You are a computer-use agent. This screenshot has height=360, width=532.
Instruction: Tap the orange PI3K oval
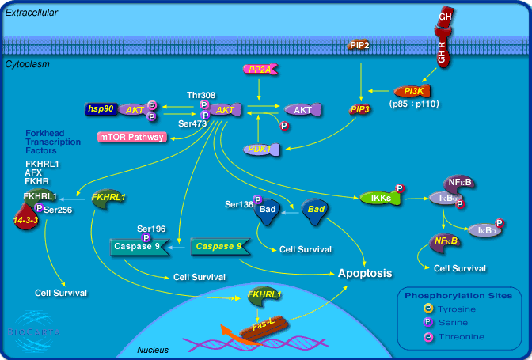(412, 91)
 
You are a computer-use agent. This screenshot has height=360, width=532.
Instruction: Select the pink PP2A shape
(259, 70)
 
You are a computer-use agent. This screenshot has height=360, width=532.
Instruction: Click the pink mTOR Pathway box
(131, 137)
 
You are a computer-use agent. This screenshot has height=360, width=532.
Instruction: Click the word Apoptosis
(365, 273)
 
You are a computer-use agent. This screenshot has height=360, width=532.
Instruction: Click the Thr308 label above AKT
(200, 94)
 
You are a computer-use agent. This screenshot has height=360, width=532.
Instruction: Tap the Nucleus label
(153, 349)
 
